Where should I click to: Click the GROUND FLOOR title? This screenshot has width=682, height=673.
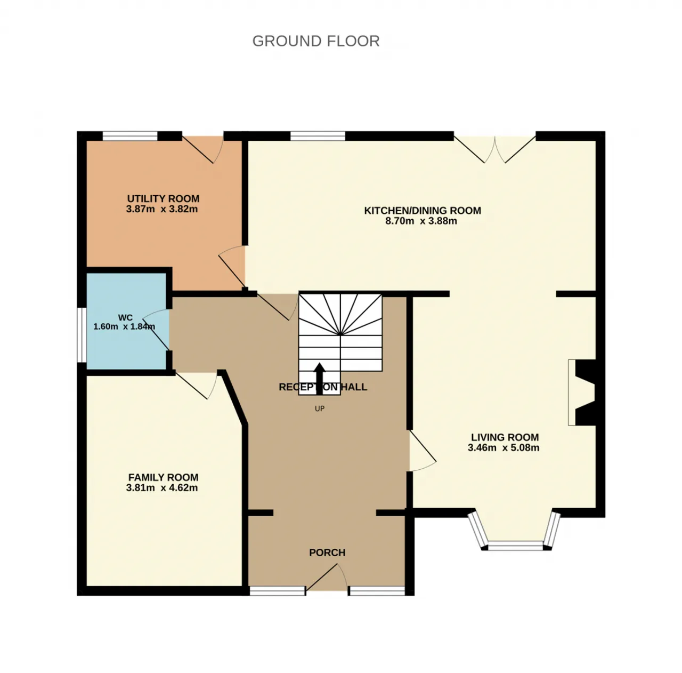[x=316, y=41]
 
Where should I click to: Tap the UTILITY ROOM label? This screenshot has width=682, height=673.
[x=163, y=198]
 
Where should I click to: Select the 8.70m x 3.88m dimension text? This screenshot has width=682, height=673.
[x=421, y=221]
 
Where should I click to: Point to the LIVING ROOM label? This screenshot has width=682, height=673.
[x=505, y=437]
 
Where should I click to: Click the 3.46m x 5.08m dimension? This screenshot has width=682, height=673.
[x=504, y=447]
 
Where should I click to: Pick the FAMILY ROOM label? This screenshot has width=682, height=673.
[x=163, y=477]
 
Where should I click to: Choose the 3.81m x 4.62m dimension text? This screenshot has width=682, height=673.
[x=162, y=487]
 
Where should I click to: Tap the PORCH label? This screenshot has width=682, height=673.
[x=327, y=552]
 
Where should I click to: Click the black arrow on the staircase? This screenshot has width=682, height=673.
[x=320, y=379]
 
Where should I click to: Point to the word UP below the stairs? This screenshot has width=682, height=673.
[x=320, y=408]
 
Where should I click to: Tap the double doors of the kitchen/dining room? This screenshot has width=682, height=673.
[x=495, y=149]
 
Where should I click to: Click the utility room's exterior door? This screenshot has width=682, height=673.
[x=202, y=149]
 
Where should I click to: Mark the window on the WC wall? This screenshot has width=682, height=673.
[x=82, y=334]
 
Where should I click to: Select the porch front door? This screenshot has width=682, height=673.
[x=327, y=578]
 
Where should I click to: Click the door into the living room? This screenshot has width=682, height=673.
[x=423, y=451]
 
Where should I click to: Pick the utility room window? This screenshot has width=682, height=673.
[x=130, y=136]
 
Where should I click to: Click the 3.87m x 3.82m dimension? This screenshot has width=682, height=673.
[x=162, y=209]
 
